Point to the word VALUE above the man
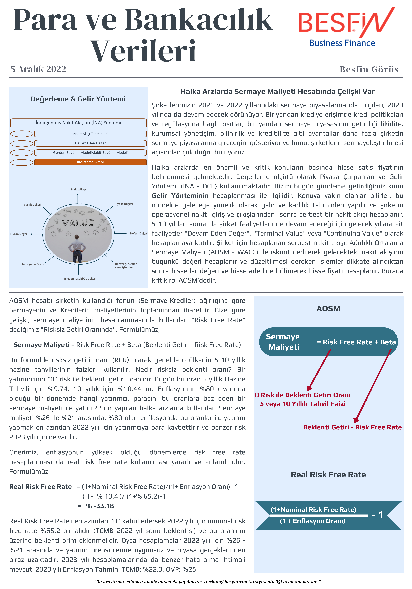pyautogui.click(x=78, y=223)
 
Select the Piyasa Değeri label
pyautogui.click(x=124, y=204)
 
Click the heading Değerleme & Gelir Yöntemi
pyautogui.click(x=78, y=99)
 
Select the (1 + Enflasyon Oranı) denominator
pyautogui.click(x=312, y=521)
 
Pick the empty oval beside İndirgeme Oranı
pyautogui.click(x=22, y=162)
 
